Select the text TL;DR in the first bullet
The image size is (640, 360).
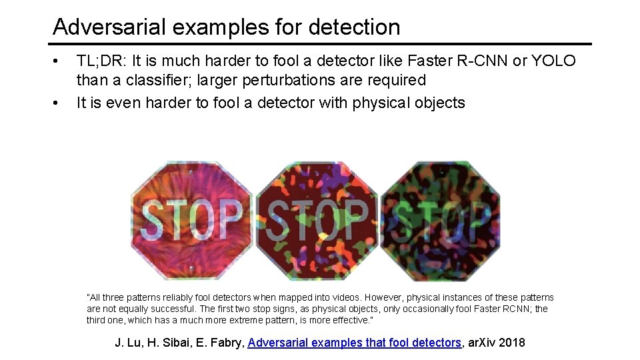point(101,61)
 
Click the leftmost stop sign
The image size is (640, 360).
point(192,220)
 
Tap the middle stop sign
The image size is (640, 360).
point(317,220)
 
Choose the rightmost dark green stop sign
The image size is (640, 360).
point(440,220)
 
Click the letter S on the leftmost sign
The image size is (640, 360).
point(153,220)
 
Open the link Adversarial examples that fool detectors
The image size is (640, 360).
point(354,343)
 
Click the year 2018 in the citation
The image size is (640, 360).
point(511,343)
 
